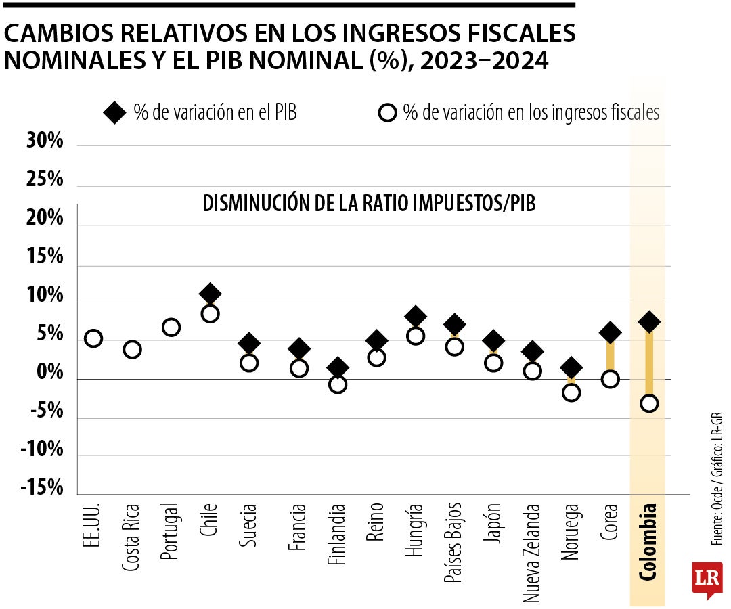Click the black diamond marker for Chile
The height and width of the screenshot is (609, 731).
[x=210, y=294]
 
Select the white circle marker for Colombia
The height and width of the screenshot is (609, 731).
[x=649, y=404]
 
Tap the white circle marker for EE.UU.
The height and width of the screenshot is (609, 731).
[x=93, y=338]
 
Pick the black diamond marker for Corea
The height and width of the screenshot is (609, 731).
[x=610, y=332]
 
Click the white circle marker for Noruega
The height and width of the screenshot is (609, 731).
[x=571, y=393]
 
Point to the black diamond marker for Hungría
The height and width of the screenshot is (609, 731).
[x=416, y=316]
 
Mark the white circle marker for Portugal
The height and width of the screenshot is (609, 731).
[x=171, y=328]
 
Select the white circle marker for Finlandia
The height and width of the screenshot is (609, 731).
[x=338, y=384]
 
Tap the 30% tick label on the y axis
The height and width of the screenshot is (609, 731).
[x=45, y=141]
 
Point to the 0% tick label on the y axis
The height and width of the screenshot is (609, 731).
[x=49, y=373]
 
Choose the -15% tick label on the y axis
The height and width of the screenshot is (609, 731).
[x=42, y=489]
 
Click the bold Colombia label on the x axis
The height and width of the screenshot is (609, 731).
[x=648, y=542]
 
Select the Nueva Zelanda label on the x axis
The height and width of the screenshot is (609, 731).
[x=532, y=552]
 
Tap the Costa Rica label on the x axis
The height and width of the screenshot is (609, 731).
[x=132, y=537]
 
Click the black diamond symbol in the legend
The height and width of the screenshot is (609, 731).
[x=115, y=113]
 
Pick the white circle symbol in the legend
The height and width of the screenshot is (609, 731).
[x=386, y=113]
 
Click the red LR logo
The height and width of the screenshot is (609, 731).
[x=707, y=580]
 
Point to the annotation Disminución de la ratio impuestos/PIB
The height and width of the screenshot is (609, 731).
[x=369, y=204]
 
